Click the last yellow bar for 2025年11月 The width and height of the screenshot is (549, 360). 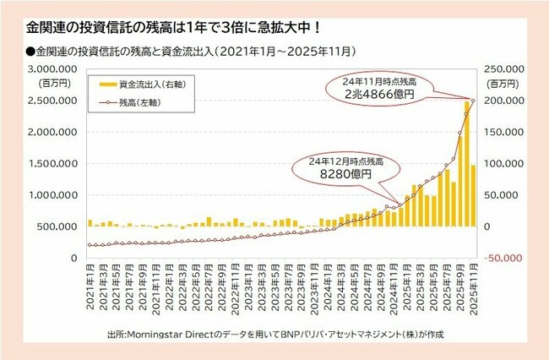(x=473, y=195)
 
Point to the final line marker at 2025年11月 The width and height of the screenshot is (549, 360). (x=473, y=101)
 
